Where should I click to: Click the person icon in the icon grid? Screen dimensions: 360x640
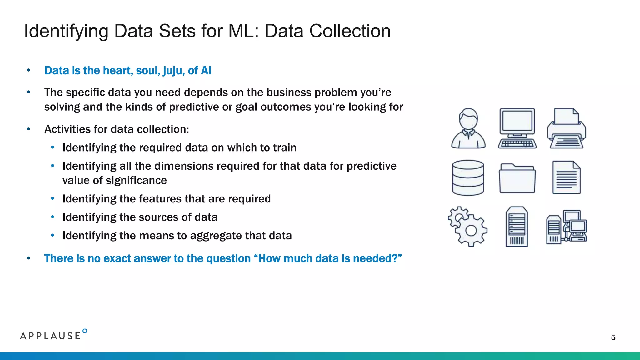point(468,128)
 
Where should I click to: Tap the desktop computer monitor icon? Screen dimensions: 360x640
point(517,128)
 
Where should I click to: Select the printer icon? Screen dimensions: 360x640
point(566,128)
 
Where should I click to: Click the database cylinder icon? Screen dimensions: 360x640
point(468,178)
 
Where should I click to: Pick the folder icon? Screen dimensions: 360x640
point(517,178)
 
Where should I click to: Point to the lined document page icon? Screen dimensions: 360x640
point(566,177)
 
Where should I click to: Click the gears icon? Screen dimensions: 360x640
point(467,227)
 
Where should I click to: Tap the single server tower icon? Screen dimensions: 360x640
point(517,227)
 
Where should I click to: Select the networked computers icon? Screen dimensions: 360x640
point(566,227)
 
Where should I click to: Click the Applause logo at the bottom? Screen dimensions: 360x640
point(53,335)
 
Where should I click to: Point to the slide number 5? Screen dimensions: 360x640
point(613,337)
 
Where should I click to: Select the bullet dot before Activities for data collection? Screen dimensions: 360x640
point(28,129)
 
